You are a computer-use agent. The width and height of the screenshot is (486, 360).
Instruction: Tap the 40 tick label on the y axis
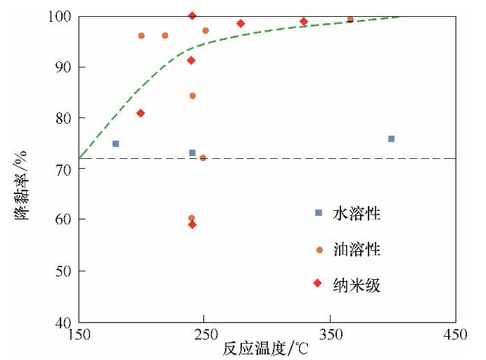click(65, 322)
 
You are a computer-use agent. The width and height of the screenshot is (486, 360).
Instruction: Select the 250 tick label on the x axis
click(204, 335)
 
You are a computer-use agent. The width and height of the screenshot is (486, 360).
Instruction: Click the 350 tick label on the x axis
click(330, 335)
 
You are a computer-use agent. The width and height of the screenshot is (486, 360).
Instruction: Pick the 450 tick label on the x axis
click(455, 335)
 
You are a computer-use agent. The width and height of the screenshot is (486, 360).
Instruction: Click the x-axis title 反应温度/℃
click(262, 349)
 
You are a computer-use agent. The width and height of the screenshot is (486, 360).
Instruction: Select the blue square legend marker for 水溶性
click(319, 212)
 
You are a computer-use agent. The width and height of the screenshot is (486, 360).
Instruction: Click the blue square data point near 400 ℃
click(391, 139)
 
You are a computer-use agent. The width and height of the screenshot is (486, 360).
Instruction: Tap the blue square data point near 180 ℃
click(116, 143)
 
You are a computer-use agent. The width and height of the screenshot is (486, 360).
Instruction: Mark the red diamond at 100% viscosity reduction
click(192, 15)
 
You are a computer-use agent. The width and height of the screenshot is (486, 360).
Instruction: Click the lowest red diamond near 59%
click(192, 224)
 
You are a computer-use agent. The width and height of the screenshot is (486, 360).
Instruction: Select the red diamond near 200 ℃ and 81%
click(141, 113)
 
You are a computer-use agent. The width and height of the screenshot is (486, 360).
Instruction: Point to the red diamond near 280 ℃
click(241, 23)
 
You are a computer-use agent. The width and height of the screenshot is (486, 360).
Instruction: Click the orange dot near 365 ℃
click(350, 19)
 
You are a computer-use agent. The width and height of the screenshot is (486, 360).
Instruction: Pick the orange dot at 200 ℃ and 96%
click(141, 35)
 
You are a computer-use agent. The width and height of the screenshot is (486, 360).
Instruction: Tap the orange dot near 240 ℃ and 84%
click(192, 96)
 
